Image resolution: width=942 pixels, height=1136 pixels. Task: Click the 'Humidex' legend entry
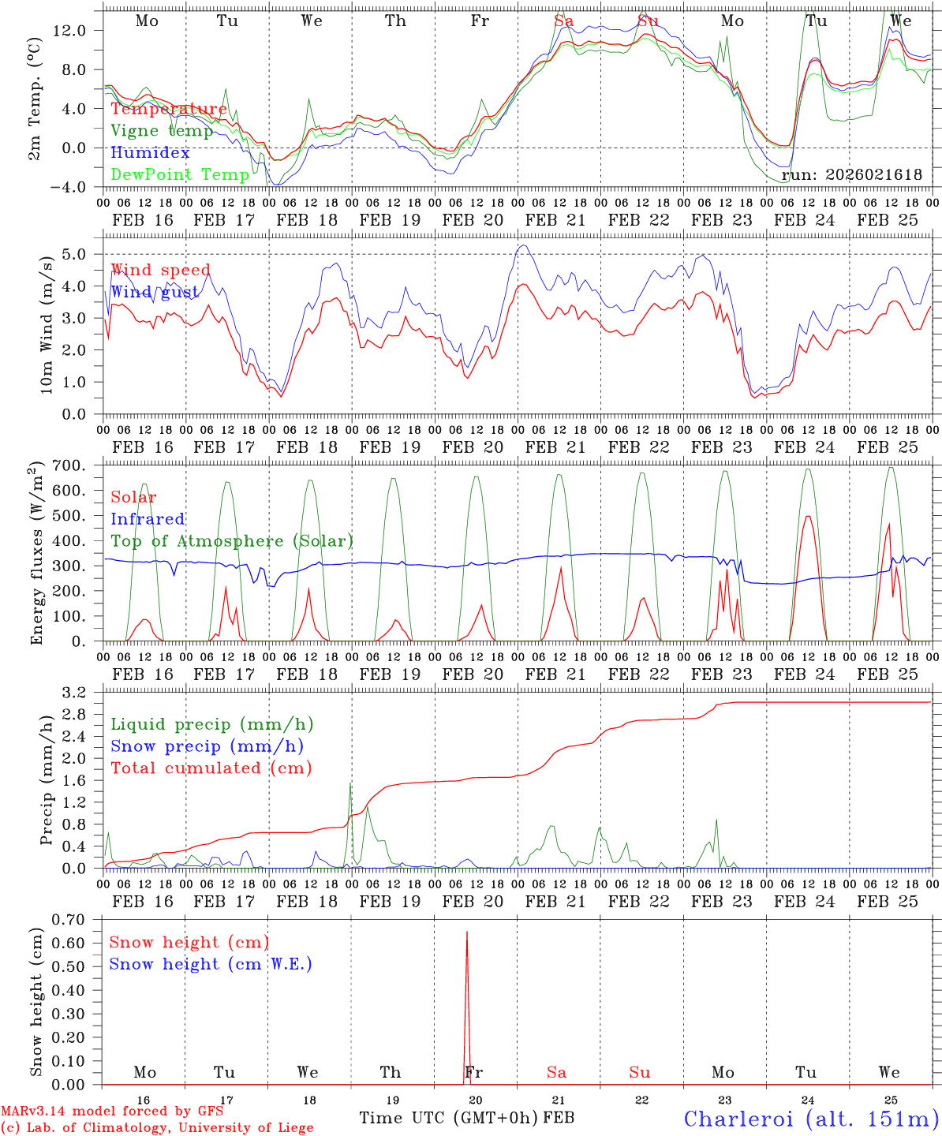click(150, 153)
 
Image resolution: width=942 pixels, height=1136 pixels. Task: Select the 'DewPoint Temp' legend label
click(180, 174)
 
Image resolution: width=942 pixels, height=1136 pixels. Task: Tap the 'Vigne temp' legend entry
click(162, 131)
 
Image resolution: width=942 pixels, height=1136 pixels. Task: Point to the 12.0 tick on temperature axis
click(80, 31)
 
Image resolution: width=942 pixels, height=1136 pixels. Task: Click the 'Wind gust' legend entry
click(155, 293)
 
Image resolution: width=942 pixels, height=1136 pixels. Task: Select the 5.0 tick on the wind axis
click(80, 254)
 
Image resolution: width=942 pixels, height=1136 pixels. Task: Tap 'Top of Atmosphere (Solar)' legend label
click(231, 541)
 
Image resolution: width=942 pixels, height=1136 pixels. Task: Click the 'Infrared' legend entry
click(148, 519)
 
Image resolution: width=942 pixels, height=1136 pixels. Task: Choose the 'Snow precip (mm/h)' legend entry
click(207, 746)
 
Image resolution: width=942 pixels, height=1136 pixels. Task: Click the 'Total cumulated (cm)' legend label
click(211, 768)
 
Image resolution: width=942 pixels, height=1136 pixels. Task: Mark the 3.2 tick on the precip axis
click(82, 693)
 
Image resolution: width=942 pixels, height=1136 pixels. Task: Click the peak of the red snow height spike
click(467, 932)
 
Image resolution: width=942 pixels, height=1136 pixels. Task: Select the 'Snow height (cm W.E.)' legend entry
click(210, 964)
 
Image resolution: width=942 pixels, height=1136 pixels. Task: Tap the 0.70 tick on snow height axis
click(77, 919)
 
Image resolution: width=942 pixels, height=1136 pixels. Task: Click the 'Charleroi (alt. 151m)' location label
click(811, 1119)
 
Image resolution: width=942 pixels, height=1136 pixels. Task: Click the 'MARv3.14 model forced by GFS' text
click(112, 1112)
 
